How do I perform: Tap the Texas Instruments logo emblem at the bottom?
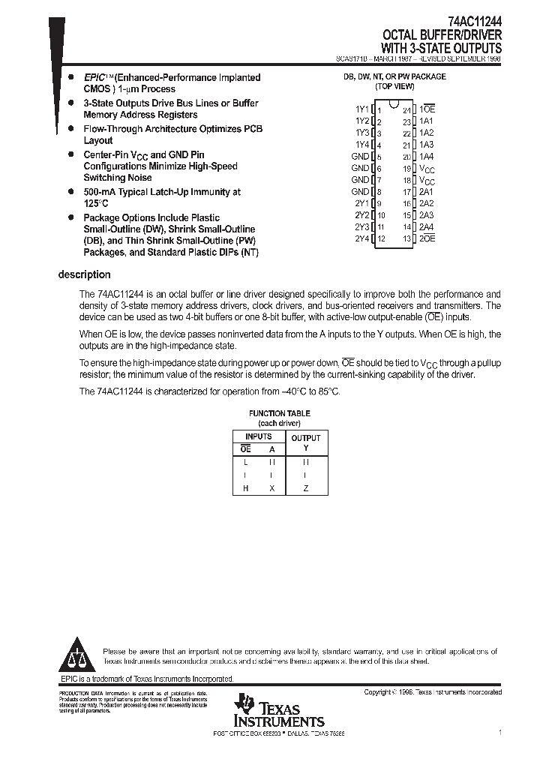tap(244, 705)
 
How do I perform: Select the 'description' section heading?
tap(84, 274)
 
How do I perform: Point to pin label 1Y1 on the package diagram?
tap(361, 109)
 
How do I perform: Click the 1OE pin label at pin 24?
tap(428, 109)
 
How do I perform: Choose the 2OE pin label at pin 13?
tap(427, 238)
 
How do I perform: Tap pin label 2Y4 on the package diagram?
tap(361, 238)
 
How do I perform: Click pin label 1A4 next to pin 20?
tap(426, 157)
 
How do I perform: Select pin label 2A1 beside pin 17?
tap(426, 192)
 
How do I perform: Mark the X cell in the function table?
tap(271, 488)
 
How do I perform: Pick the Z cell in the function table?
tap(305, 488)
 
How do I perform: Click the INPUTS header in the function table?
tap(259, 436)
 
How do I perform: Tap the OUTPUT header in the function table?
tap(306, 438)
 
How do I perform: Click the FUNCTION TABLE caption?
tap(279, 413)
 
